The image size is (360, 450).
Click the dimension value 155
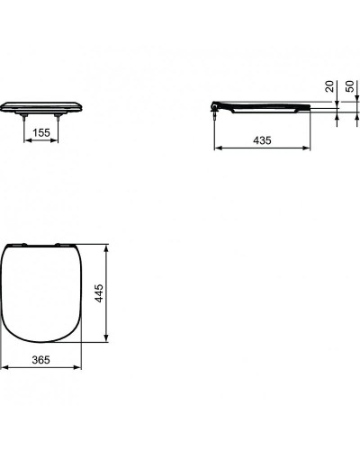pos(40,131)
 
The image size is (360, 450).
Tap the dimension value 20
pos(330,86)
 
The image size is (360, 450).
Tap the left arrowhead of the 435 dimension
pos(216,149)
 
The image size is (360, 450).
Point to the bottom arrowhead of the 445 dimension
pos(107,343)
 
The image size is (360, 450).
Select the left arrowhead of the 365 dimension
pos(4,367)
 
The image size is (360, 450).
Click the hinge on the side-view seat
pos(217,107)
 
